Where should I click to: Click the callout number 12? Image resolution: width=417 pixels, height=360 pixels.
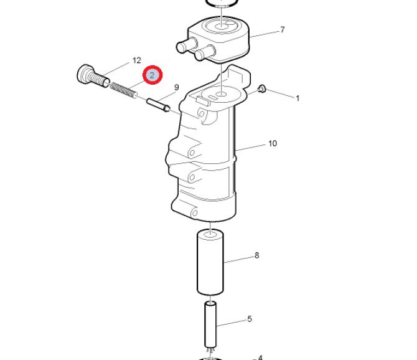(x=137, y=60)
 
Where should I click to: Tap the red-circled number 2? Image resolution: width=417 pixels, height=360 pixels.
(x=152, y=75)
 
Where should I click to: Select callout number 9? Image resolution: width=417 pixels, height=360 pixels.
(x=176, y=88)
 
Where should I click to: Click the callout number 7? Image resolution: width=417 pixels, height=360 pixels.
(x=282, y=29)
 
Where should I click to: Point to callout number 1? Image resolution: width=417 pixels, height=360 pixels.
(x=298, y=98)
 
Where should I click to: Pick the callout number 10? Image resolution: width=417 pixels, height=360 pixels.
(x=273, y=144)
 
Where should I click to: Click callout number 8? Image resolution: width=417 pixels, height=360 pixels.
(x=256, y=255)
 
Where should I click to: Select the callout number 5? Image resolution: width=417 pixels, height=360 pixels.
(x=249, y=319)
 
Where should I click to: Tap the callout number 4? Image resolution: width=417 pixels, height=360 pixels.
(x=260, y=358)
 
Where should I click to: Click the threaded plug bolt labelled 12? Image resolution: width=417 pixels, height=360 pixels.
(x=93, y=76)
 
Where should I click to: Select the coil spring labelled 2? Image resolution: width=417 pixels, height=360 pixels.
(x=124, y=90)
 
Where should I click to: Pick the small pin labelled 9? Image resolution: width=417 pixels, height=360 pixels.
(x=159, y=105)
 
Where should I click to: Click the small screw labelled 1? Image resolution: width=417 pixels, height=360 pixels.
(x=261, y=89)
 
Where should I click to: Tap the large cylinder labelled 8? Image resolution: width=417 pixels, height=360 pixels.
(x=210, y=262)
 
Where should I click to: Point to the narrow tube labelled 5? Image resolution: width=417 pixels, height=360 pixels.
(x=210, y=324)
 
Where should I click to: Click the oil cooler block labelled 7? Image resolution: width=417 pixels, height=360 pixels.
(x=218, y=39)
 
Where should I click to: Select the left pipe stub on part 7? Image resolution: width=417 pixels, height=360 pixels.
(x=187, y=45)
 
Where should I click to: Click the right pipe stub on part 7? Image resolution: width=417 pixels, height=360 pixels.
(x=205, y=52)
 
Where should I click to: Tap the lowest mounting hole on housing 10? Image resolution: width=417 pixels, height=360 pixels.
(x=195, y=213)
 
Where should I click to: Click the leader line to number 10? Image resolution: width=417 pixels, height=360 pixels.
(x=251, y=148)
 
